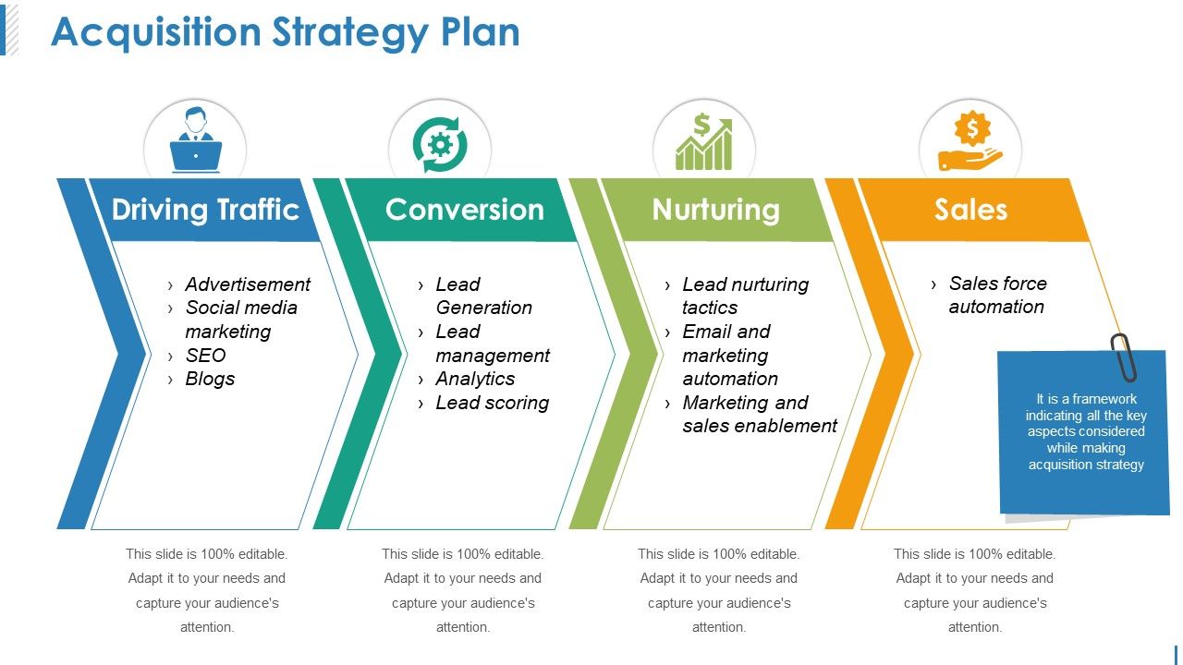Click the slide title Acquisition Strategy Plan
[x=285, y=32]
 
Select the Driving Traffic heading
[x=205, y=210]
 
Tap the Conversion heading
[x=464, y=210]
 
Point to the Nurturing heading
[x=715, y=210]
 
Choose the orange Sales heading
[x=970, y=210]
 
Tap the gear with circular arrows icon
[x=440, y=144]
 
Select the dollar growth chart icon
[x=704, y=142]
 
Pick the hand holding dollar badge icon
[x=970, y=142]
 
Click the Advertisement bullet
[x=248, y=284]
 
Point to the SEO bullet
[x=205, y=356]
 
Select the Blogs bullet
[x=210, y=379]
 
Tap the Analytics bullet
[x=475, y=379]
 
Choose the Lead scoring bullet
[x=492, y=403]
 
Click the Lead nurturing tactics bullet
[x=745, y=296]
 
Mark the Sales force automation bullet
[x=996, y=295]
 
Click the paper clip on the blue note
[x=1124, y=357]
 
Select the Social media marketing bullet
[x=240, y=320]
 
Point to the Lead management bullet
[x=492, y=344]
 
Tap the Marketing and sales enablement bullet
[x=759, y=414]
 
